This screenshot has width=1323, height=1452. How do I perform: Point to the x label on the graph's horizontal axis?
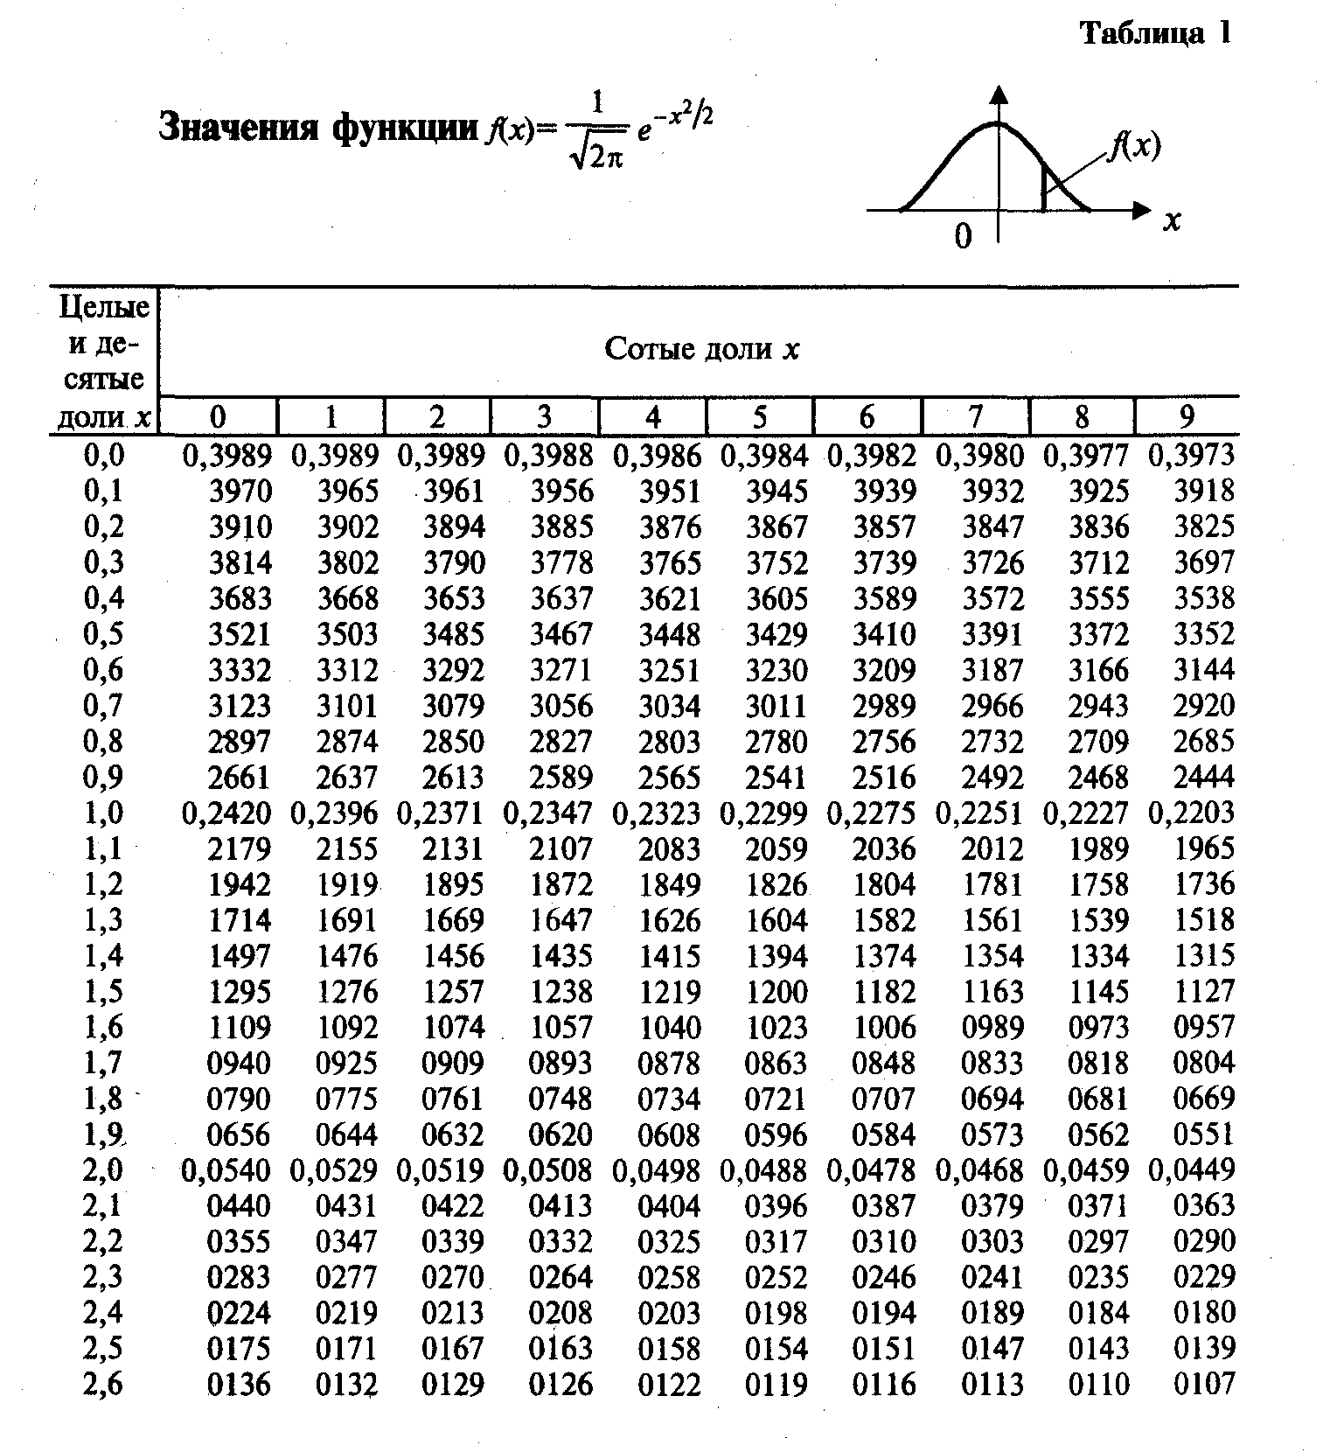pos(1172,221)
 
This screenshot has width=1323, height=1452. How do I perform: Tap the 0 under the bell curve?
pos(963,235)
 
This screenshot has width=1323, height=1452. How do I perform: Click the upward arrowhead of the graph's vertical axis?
pos(999,94)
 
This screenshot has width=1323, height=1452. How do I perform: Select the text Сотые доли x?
pos(701,349)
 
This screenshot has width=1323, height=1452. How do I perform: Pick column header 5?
pos(759,416)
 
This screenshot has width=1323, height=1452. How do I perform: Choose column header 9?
pos(1187,416)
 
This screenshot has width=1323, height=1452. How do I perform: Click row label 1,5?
pos(103,991)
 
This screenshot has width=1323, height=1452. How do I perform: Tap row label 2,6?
pos(103,1384)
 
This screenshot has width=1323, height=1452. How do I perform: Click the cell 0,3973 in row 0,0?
pos(1191,455)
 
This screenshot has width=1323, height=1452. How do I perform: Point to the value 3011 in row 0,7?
pos(776,705)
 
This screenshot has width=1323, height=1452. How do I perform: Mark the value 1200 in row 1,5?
pos(776,991)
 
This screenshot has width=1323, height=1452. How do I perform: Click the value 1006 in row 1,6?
pos(884,1027)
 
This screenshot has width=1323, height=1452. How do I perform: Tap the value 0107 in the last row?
pos(1204,1384)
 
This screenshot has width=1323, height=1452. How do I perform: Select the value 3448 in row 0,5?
pos(669,633)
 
